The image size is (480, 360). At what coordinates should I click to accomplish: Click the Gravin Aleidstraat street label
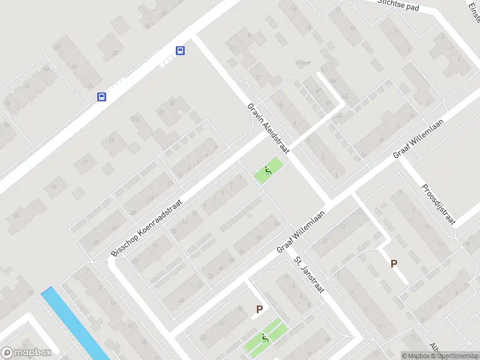[268, 128]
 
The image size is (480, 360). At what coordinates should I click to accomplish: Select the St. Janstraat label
[308, 275]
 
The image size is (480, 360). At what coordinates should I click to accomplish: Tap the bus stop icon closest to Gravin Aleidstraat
[180, 50]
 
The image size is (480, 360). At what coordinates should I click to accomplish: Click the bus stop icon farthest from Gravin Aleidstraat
[102, 96]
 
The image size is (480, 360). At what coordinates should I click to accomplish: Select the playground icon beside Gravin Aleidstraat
[267, 171]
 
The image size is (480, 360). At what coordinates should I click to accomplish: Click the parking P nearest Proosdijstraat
[394, 263]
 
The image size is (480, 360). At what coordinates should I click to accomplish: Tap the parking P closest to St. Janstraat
[259, 310]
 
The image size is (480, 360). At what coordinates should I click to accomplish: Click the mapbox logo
[26, 353]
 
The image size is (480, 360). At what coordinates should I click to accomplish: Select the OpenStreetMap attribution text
[455, 356]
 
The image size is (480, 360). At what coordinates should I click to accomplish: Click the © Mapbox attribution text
[416, 356]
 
